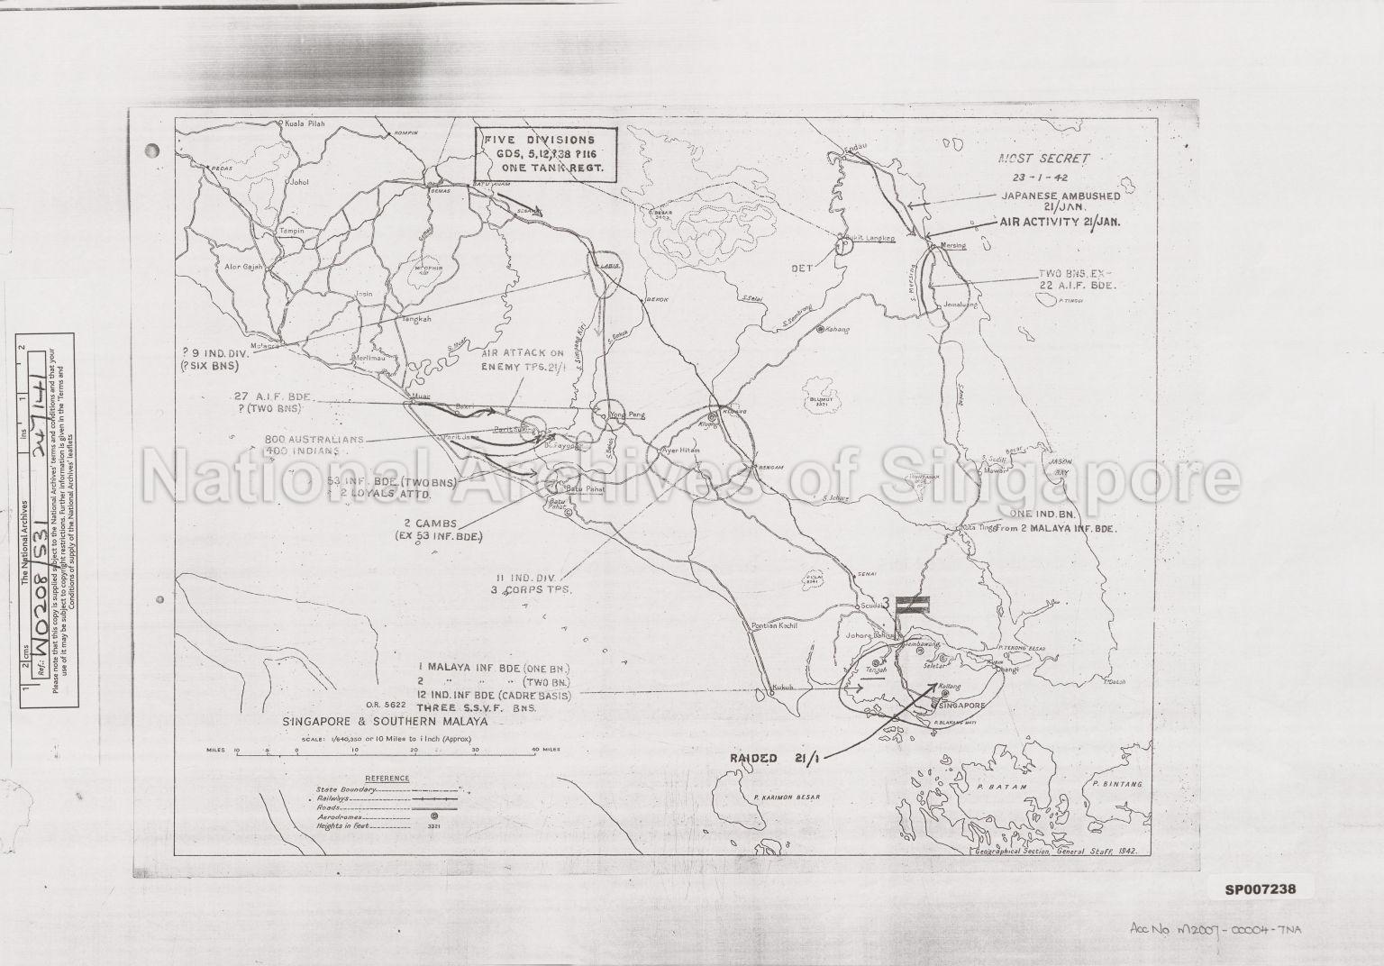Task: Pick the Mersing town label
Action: pos(952,245)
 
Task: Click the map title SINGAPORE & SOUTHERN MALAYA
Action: pos(385,722)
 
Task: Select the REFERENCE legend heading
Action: pos(387,778)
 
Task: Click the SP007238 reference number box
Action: pos(1260,889)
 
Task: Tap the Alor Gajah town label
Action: pos(241,269)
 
